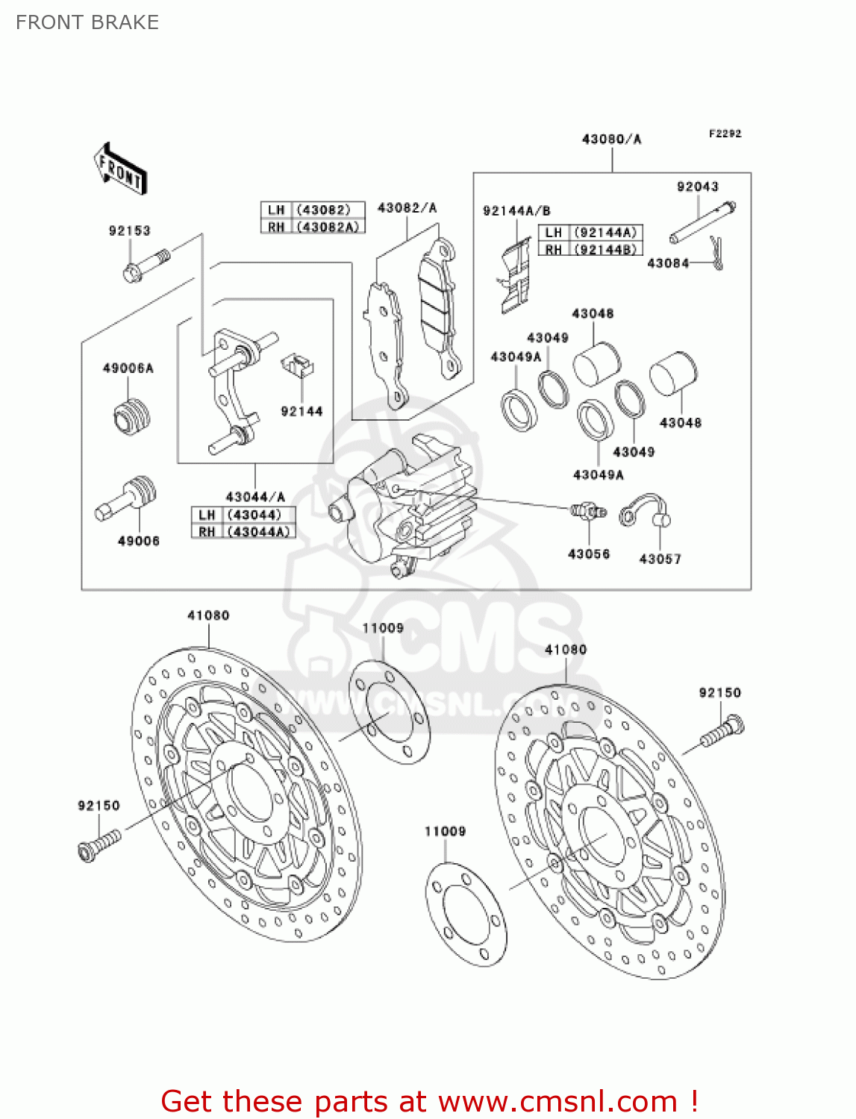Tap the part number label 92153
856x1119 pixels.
(x=129, y=231)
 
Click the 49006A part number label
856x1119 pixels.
(x=128, y=368)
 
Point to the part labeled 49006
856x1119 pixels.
(x=128, y=497)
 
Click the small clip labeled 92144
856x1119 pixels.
(x=297, y=365)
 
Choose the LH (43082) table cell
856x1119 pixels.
(x=313, y=210)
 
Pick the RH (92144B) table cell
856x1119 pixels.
(x=590, y=249)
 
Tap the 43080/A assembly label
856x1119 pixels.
(x=611, y=139)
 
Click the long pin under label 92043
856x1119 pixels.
(x=702, y=222)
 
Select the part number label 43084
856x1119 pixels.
(x=667, y=263)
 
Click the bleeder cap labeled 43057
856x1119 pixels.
(x=645, y=510)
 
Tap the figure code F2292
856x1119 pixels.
(x=725, y=134)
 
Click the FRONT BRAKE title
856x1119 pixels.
(x=87, y=22)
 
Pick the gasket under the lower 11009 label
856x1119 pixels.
(x=466, y=914)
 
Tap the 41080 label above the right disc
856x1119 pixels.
(x=565, y=649)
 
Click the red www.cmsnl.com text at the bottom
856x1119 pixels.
(x=557, y=1101)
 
